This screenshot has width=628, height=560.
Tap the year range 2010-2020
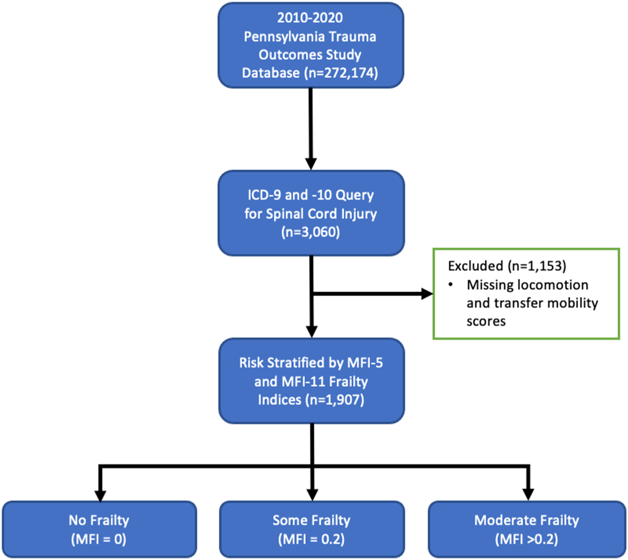click(310, 18)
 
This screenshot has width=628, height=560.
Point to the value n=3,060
click(311, 232)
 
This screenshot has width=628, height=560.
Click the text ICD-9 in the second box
click(264, 195)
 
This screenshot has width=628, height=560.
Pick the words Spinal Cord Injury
click(321, 214)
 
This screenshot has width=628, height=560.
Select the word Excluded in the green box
click(475, 266)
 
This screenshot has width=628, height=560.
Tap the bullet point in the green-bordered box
click(451, 285)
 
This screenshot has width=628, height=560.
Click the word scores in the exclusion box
click(486, 321)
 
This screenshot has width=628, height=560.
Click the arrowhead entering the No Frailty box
click(100, 495)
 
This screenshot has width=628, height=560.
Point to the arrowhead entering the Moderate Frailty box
click(528, 495)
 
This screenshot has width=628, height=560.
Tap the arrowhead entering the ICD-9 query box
click(311, 164)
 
